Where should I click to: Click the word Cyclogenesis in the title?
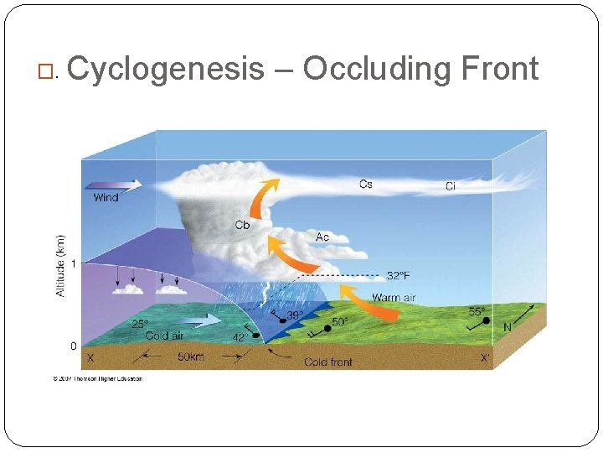pyautogui.click(x=165, y=69)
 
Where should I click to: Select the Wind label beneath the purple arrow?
pyautogui.click(x=106, y=198)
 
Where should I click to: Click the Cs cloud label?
pyautogui.click(x=366, y=184)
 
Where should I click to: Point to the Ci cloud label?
pyautogui.click(x=451, y=186)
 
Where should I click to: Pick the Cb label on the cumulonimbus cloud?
pyautogui.click(x=242, y=224)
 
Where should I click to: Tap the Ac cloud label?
pyautogui.click(x=322, y=237)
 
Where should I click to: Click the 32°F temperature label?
pyautogui.click(x=398, y=275)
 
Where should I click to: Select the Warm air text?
pyautogui.click(x=394, y=297)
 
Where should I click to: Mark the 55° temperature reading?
pyautogui.click(x=477, y=311)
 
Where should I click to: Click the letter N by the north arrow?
pyautogui.click(x=507, y=327)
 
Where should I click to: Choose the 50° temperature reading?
pyautogui.click(x=340, y=321)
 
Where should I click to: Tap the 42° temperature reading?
pyautogui.click(x=240, y=339)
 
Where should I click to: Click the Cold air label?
pyautogui.click(x=164, y=336)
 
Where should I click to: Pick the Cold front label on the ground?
pyautogui.click(x=327, y=362)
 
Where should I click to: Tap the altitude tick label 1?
pyautogui.click(x=73, y=263)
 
